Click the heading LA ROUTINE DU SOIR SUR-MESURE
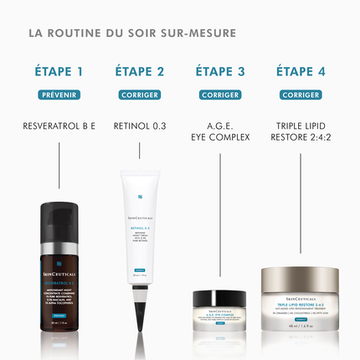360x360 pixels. [x=132, y=34]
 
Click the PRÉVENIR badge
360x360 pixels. [x=59, y=95]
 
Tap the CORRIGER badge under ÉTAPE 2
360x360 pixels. [x=139, y=95]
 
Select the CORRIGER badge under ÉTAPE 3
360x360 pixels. [x=220, y=95]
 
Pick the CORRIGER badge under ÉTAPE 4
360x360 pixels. [x=300, y=95]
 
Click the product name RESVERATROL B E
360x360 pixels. [x=59, y=126]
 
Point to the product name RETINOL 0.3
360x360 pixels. [x=139, y=126]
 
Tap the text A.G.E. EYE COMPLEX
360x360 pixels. [x=220, y=132]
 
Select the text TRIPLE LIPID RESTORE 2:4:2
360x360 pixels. [x=300, y=132]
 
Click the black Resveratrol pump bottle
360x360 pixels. [x=60, y=268]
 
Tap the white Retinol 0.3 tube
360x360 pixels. [x=140, y=226]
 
